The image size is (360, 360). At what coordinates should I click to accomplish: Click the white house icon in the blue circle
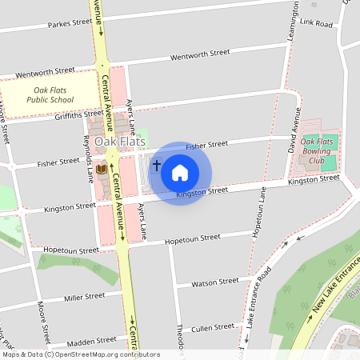(x=180, y=173)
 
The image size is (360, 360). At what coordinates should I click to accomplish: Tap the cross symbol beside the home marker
(x=157, y=166)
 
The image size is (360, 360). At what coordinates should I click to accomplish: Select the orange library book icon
(x=101, y=169)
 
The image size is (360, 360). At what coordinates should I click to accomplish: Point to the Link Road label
(x=318, y=24)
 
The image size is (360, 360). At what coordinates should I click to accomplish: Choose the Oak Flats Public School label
(x=49, y=95)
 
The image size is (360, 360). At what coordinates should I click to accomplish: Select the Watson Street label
(x=217, y=282)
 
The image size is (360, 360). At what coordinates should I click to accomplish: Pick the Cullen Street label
(x=214, y=327)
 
